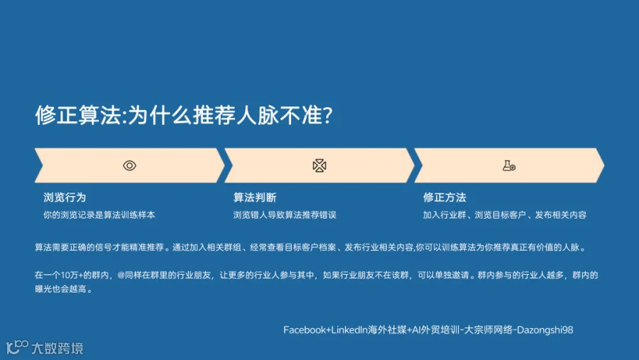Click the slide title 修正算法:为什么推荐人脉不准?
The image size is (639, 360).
pos(184,115)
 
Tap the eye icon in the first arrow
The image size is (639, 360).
pos(130,165)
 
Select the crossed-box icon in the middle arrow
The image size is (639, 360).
pos(319,165)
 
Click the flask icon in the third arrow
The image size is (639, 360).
pos(509,165)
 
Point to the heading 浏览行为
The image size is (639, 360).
pos(65,197)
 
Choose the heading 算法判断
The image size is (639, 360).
pos(255,197)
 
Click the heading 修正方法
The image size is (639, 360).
pos(444,197)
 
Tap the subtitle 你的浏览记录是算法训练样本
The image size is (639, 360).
pos(99,215)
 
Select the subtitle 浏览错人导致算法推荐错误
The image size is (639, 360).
pos(285,215)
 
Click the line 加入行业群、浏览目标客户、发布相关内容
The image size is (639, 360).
pos(505,215)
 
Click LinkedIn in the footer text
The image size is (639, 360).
pos(349,330)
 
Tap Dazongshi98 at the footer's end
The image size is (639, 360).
pos(545,330)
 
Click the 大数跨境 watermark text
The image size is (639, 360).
pos(58,348)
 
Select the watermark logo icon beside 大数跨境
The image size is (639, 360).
pos(17,347)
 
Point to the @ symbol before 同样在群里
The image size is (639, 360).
pos(121,276)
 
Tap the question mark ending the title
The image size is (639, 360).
pos(327,115)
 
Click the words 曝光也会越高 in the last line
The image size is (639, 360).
pos(61,289)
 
